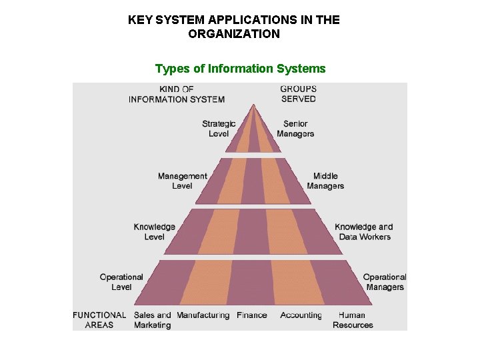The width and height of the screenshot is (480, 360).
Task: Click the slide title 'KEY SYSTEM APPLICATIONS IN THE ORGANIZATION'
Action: point(234,27)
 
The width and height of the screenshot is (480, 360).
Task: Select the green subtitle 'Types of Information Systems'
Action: point(240,69)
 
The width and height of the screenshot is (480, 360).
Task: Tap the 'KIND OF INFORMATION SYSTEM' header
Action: point(177,94)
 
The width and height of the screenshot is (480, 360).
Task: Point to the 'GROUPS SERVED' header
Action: point(298,94)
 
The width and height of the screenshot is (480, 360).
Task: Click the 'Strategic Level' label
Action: point(219,129)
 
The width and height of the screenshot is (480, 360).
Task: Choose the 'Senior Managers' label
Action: point(295,129)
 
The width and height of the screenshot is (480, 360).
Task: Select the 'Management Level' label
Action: point(182,181)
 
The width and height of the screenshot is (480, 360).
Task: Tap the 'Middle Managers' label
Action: point(325,181)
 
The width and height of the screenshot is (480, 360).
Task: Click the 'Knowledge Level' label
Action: point(154,231)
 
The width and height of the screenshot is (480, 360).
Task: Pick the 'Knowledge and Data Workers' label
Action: point(364,231)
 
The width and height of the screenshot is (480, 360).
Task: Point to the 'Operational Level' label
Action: point(121,282)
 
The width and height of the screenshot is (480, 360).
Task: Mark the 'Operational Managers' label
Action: point(385,282)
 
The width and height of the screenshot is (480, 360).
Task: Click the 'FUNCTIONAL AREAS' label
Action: point(99,320)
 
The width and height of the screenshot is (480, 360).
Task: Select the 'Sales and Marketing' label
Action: point(152,320)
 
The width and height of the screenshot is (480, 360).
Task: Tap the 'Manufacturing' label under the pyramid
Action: point(203,315)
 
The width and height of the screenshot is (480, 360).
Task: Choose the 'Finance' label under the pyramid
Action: point(251,315)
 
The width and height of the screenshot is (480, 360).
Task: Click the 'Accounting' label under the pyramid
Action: point(301,315)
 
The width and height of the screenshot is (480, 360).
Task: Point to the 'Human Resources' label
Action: point(353,320)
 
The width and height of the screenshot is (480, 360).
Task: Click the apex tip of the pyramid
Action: point(253,105)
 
